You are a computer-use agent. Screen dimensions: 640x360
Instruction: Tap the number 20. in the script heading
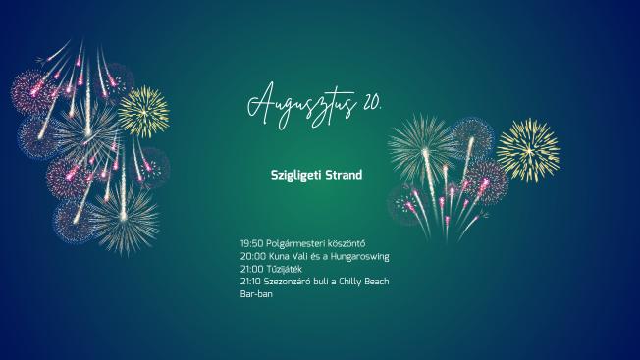(372, 102)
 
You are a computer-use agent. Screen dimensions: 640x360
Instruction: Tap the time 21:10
(250, 282)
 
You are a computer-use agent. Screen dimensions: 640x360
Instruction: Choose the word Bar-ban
(256, 294)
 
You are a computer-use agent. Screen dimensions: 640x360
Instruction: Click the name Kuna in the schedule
(279, 256)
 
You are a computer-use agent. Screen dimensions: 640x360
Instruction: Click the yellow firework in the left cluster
(143, 111)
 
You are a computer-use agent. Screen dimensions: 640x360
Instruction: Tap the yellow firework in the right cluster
(528, 150)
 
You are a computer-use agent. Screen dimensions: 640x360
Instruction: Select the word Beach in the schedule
(376, 282)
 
